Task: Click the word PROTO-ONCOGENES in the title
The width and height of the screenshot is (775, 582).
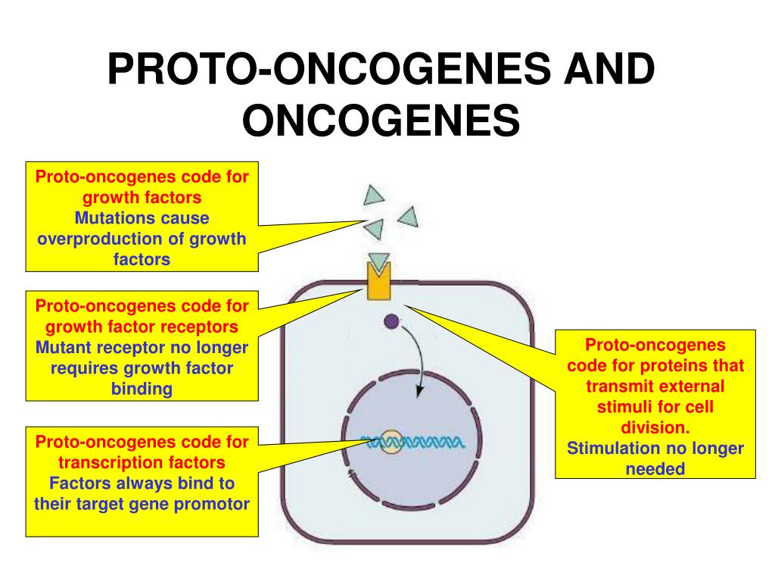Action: (329, 68)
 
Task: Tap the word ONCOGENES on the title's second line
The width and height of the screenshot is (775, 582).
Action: (381, 120)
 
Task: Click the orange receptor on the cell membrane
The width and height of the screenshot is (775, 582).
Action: (378, 282)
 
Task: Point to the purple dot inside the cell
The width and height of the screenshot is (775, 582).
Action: (391, 321)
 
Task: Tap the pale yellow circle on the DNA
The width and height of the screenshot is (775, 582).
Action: (391, 442)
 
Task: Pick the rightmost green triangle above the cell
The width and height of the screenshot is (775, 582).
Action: (409, 217)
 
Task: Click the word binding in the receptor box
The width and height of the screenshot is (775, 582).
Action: (142, 389)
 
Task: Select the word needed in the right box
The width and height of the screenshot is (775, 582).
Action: (655, 469)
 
